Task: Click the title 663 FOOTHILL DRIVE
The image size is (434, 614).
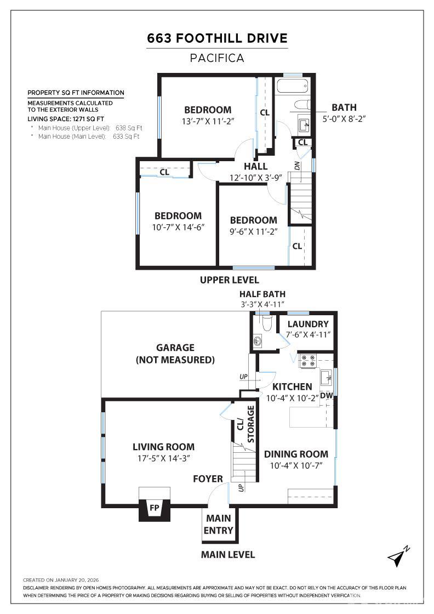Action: (217, 38)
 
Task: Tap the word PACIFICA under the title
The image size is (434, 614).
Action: (217, 58)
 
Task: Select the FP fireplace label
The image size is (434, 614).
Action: (155, 508)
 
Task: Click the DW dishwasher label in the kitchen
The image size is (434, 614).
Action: (326, 395)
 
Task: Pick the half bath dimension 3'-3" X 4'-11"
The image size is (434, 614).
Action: (262, 304)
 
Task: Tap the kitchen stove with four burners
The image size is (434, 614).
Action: (307, 360)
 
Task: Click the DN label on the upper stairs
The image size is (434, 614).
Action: (297, 165)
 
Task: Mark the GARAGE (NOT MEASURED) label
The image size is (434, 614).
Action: (175, 354)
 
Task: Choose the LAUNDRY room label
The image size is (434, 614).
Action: (307, 324)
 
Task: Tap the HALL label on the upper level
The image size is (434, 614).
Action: (256, 166)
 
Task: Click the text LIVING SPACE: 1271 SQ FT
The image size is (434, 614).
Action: (66, 118)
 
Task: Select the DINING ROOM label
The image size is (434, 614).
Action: (296, 454)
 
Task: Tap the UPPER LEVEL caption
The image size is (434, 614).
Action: (229, 280)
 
